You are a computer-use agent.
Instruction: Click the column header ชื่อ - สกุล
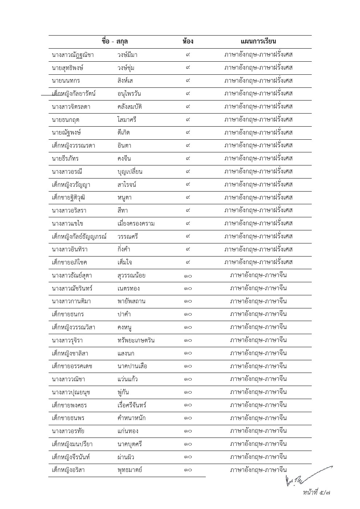click(115, 41)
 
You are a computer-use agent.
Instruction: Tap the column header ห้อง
click(188, 41)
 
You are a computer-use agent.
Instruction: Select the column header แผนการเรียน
click(258, 41)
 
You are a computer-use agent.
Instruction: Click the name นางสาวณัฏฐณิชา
click(73, 55)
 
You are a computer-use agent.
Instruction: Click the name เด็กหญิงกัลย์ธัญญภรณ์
click(79, 237)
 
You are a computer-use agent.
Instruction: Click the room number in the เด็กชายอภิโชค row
click(188, 262)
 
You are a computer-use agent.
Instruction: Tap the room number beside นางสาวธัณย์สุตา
click(188, 275)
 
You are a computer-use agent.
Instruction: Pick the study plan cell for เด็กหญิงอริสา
click(258, 470)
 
